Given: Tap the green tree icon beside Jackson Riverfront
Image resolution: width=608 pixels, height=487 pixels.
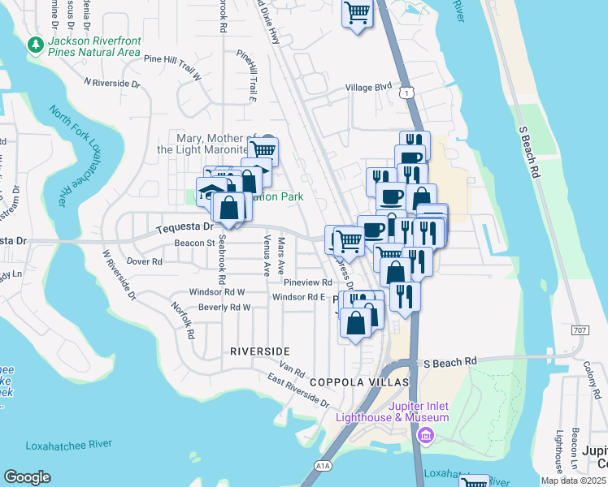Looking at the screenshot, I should (x=35, y=44).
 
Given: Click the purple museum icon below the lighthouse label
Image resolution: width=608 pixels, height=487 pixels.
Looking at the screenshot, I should (x=424, y=437).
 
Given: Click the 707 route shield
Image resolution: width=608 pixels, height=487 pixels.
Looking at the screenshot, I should (x=580, y=330).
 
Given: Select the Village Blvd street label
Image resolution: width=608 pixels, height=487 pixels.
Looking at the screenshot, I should (x=368, y=87).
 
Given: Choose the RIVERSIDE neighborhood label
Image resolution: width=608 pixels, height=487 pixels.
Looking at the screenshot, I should (x=259, y=351).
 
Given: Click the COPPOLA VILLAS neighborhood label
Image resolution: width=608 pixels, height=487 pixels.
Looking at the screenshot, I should (x=354, y=381).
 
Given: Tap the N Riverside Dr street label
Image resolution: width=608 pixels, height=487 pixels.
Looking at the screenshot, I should (x=112, y=83).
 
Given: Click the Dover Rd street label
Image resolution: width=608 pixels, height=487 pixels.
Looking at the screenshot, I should (x=145, y=261).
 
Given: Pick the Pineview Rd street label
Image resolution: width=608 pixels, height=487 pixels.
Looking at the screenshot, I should (x=308, y=282).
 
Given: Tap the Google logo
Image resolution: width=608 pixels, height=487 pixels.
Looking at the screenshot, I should (x=27, y=477).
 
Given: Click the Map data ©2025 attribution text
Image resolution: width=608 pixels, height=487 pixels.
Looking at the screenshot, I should (x=573, y=481).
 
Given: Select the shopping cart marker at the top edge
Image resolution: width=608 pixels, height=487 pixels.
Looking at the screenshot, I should (x=357, y=15).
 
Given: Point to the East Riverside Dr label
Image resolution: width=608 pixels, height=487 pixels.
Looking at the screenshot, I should (x=299, y=391).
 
